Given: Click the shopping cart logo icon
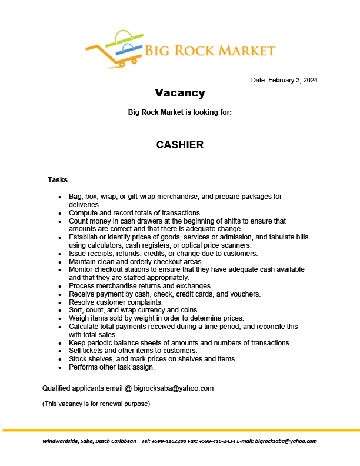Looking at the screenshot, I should coord(115,48).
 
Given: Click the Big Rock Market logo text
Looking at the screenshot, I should coord(211,50).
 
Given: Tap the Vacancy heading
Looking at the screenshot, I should coord(180,93).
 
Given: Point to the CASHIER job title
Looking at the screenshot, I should coord(180,145).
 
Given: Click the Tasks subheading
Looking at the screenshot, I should coord(58,179).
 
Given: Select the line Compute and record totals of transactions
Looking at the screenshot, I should coord(135,213).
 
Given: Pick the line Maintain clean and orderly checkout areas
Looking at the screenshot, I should coord(144,261).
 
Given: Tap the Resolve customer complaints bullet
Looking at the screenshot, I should coord(116,302).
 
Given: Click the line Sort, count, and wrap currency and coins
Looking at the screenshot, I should coord(134,309).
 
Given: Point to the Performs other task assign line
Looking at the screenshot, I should coord(112,367).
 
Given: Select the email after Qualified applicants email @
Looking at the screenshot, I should coord(174,388).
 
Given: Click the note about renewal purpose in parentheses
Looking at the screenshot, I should coord(96,404).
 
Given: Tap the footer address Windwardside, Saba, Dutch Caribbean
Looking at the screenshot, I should coord(89,441).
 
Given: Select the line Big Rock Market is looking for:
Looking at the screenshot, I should coord(180,112).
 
